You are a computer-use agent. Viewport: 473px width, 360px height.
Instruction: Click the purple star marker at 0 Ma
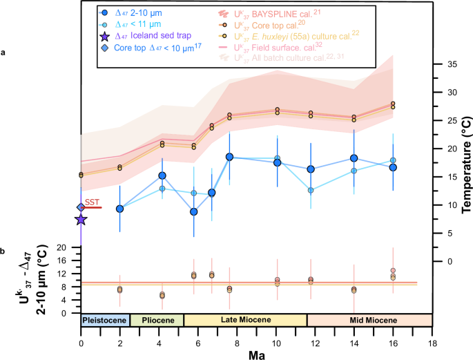(x=81, y=220)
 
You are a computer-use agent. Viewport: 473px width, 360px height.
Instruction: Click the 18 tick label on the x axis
(x=432, y=334)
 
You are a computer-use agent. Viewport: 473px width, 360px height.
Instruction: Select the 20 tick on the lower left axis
(x=69, y=247)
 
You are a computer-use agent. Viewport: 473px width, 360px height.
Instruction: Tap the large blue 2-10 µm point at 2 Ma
(x=119, y=209)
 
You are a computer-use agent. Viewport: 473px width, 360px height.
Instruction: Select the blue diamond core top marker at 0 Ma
(x=81, y=207)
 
